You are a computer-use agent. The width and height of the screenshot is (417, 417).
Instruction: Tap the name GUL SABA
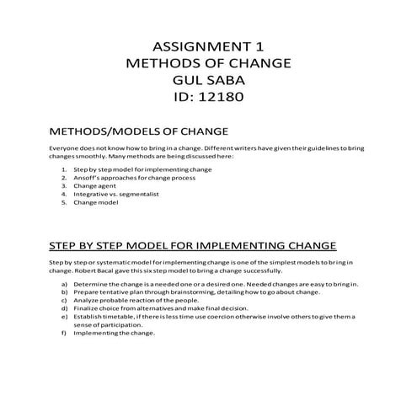click(207, 81)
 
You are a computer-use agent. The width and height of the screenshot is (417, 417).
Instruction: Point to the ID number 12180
click(220, 99)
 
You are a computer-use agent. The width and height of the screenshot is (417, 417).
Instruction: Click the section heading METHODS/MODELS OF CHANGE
click(139, 132)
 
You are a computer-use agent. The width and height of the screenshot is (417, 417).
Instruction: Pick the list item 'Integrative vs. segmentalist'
click(115, 195)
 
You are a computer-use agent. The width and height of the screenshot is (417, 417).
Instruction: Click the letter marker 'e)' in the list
click(65, 316)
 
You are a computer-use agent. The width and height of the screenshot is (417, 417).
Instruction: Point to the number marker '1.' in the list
click(65, 169)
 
